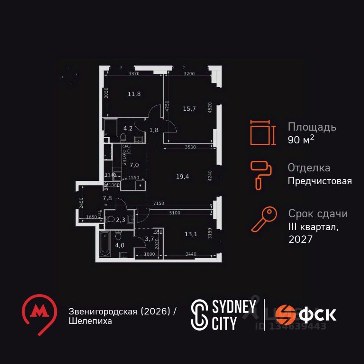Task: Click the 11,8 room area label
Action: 134,94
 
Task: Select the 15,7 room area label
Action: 189,109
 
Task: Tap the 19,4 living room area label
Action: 183,176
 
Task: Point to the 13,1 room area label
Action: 191,234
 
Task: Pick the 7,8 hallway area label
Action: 107,198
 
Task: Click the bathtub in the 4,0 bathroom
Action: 105,243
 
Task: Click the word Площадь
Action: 312,127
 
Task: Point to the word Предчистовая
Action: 320,181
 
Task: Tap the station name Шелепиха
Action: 90,321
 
